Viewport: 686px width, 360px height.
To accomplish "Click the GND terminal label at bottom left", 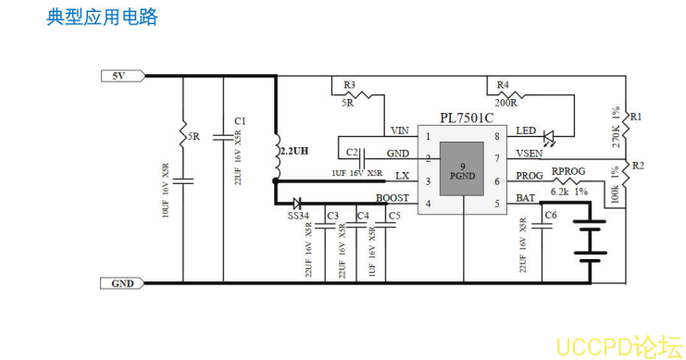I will click(121, 283).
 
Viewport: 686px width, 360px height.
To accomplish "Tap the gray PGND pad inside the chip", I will click(462, 169).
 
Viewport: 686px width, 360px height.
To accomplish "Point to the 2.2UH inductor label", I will click(294, 149).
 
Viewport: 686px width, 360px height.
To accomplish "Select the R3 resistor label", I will click(349, 84).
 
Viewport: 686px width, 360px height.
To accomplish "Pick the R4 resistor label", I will click(503, 84).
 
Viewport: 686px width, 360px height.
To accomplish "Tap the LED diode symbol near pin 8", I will click(549, 137).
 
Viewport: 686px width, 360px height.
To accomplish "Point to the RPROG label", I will click(568, 172).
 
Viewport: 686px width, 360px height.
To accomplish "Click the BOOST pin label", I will click(392, 198).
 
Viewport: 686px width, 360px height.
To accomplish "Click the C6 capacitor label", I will click(551, 215).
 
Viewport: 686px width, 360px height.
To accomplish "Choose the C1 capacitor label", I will click(240, 121).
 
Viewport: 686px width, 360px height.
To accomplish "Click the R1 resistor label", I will click(636, 117).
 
